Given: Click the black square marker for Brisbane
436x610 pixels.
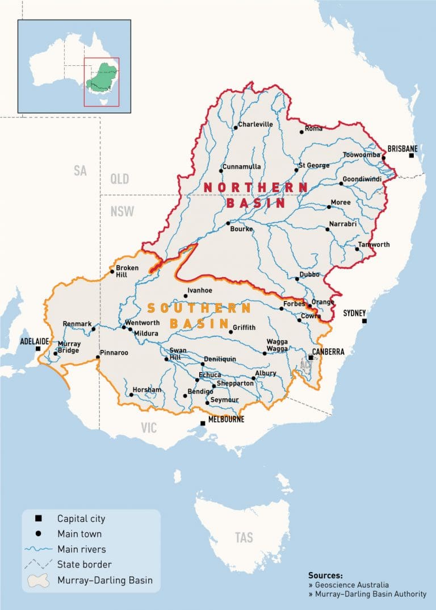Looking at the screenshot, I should click(412, 155).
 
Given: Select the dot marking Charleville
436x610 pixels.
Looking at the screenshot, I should click(236, 128).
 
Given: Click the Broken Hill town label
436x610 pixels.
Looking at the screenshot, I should click(127, 271).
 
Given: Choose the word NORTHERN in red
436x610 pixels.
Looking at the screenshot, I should click(255, 187).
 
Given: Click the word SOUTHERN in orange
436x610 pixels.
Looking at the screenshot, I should click(199, 308).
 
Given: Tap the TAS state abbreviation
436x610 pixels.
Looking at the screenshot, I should click(244, 537).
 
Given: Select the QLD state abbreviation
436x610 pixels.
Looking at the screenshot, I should click(120, 179).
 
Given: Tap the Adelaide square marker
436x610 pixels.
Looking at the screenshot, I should click(38, 348).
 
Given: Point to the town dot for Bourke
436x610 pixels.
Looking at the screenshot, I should click(228, 223).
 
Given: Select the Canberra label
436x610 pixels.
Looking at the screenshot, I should click(328, 352).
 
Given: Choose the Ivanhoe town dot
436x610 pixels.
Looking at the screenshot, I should click(186, 296).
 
